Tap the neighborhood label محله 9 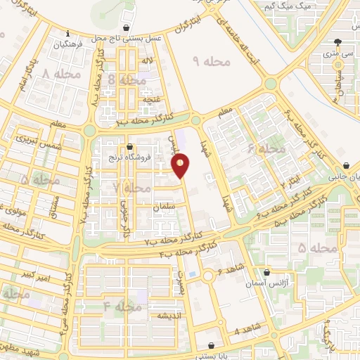click(x=212, y=63)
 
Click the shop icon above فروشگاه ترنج click(x=130, y=147)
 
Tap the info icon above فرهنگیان click(x=67, y=33)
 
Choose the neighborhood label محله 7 click(x=131, y=188)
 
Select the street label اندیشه click(x=171, y=315)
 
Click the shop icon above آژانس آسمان click(x=266, y=273)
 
